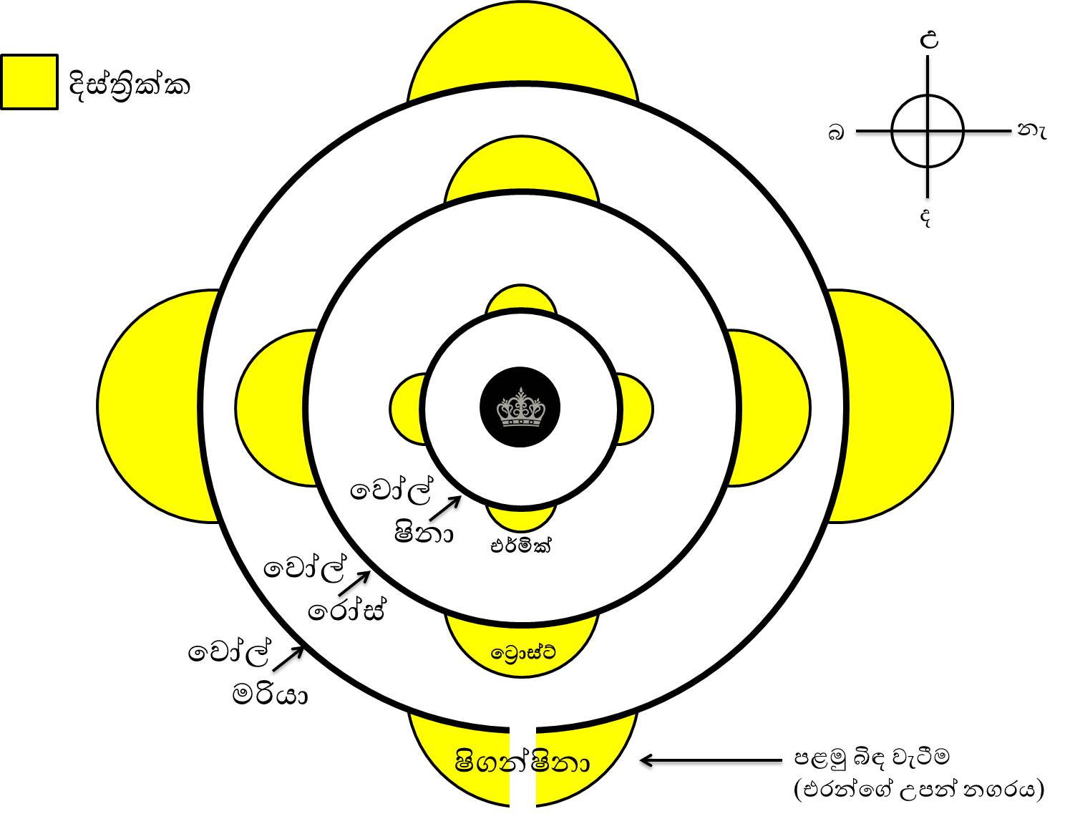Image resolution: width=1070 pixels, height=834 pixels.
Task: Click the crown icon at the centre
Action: click(520, 407)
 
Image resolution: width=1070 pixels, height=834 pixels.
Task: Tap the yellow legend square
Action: click(29, 82)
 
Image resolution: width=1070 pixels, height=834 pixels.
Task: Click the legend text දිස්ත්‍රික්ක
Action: click(129, 86)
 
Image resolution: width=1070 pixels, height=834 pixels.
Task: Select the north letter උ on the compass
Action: click(929, 39)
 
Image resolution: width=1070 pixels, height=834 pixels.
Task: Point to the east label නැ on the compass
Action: click(1032, 131)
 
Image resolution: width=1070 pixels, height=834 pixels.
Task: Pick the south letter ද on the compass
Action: click(925, 218)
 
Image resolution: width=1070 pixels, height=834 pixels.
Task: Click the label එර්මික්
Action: click(520, 546)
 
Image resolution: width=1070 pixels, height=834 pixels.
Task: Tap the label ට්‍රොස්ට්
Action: click(523, 652)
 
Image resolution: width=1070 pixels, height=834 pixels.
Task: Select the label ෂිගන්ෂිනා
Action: click(522, 762)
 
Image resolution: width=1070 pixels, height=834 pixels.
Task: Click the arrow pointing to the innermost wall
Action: click(444, 508)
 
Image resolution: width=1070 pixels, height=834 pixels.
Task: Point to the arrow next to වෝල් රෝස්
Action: click(354, 583)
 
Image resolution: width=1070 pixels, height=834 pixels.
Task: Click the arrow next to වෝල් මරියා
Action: click(288, 658)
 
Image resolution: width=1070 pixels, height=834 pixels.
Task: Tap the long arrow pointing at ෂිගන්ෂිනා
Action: click(711, 760)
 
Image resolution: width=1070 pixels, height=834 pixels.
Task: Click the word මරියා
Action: click(270, 695)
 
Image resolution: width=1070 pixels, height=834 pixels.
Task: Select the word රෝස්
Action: click(346, 611)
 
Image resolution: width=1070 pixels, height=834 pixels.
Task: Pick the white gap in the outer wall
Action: click(522, 766)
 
